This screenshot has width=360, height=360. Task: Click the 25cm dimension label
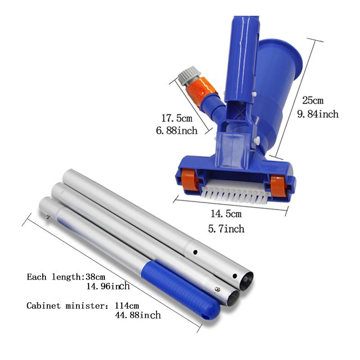point(313,100)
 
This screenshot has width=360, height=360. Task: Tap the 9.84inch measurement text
point(318,114)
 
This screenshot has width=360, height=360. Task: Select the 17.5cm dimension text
point(177,118)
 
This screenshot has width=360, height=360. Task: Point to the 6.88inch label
point(176,130)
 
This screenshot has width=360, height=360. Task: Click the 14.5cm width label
point(226,214)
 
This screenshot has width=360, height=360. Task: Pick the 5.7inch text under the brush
point(226,229)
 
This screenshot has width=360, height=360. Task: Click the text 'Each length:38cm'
point(66,277)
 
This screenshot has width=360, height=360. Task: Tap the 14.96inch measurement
point(108,286)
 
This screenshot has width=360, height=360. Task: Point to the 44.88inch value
point(138,315)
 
